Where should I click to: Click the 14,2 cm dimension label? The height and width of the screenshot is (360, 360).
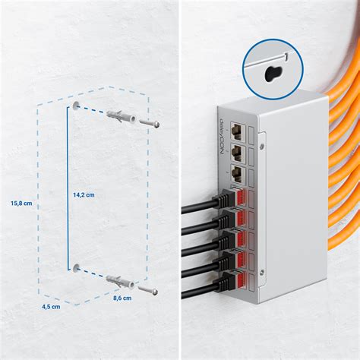tap(84, 194)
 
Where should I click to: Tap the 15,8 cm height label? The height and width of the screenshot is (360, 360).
tap(21, 203)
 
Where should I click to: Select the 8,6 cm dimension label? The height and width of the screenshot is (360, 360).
tap(122, 298)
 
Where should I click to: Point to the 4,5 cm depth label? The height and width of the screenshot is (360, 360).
tap(51, 307)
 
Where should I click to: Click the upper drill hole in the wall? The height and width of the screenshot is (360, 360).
tap(76, 106)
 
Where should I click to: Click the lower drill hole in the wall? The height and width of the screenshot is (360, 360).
tap(76, 267)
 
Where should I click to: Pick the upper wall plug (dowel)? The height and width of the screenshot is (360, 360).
tap(122, 117)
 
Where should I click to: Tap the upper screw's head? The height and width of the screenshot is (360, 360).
tap(157, 125)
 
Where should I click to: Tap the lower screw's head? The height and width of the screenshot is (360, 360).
tap(155, 292)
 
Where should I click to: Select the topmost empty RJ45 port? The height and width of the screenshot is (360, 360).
tap(238, 131)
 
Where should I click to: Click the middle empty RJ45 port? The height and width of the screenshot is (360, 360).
tap(238, 153)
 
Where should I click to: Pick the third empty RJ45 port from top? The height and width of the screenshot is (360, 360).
tap(238, 174)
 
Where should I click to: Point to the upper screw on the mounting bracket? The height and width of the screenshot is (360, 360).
tap(262, 146)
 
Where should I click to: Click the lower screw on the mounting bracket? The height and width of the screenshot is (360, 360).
tap(262, 272)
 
